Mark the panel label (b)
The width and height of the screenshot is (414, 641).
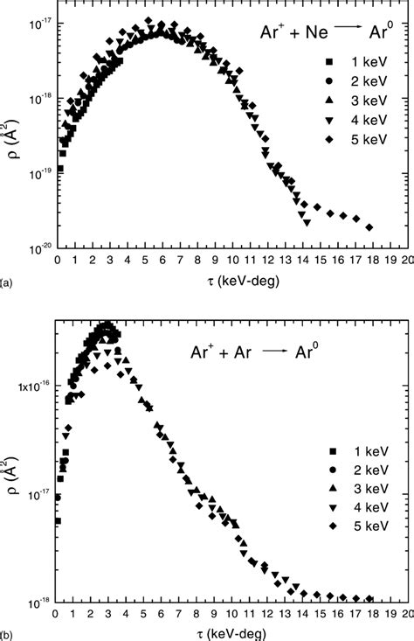click(7, 633)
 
